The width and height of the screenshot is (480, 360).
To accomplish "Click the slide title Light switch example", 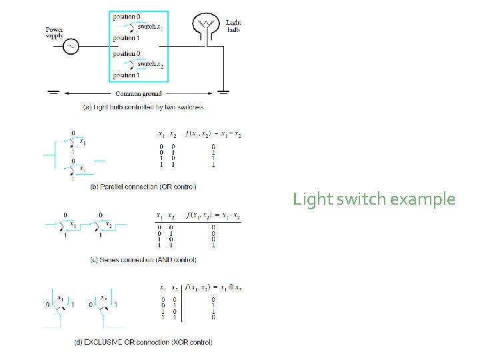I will [374, 199].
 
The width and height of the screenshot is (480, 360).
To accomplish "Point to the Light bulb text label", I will [234, 26].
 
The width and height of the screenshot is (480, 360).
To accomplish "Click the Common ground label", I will [138, 94].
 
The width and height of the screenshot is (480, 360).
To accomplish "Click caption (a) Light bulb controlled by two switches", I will [143, 107].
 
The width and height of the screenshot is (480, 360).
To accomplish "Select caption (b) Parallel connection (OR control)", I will [143, 187].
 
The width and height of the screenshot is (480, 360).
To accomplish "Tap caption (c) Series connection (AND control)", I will [141, 259].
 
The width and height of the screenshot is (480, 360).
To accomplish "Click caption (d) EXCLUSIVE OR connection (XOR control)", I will [143, 342].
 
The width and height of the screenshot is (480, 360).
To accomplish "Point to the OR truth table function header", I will [214, 134].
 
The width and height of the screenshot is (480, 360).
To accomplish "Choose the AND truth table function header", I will [213, 216].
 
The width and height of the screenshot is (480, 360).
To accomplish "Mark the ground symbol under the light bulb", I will [225, 91].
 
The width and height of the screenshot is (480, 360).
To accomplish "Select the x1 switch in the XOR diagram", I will [60, 306].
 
